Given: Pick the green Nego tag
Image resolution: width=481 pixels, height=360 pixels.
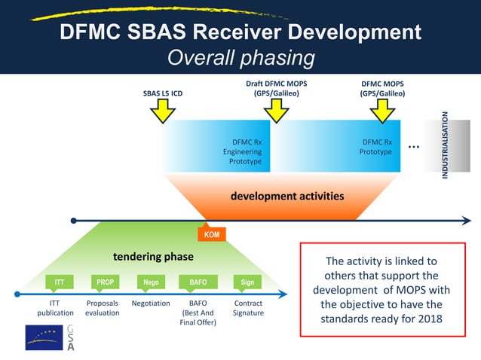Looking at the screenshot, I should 151,282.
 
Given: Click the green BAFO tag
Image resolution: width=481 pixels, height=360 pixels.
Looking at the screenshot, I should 198,282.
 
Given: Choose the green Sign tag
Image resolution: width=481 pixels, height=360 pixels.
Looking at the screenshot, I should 247,282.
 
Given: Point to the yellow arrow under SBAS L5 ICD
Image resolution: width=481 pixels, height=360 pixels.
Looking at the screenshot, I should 162,111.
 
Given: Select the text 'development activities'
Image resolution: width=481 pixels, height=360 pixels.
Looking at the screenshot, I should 286,196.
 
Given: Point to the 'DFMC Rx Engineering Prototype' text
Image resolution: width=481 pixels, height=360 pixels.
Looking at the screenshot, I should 247,151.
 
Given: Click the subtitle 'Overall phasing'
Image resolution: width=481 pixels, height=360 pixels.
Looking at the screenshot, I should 240,57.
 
